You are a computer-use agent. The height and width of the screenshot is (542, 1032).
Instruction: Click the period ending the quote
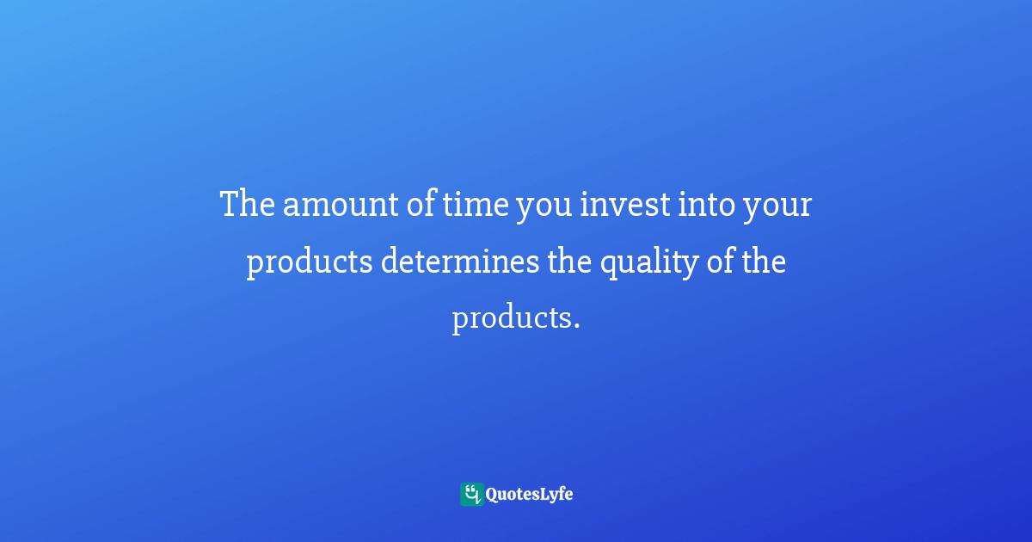(x=574, y=325)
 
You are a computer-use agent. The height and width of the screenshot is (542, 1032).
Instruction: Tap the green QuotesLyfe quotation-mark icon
(x=471, y=494)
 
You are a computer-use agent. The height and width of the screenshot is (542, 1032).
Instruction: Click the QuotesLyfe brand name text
(x=530, y=495)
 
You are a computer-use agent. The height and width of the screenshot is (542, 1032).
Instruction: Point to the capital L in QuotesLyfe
(x=540, y=494)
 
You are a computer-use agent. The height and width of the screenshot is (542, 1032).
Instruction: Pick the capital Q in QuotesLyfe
(x=493, y=495)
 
